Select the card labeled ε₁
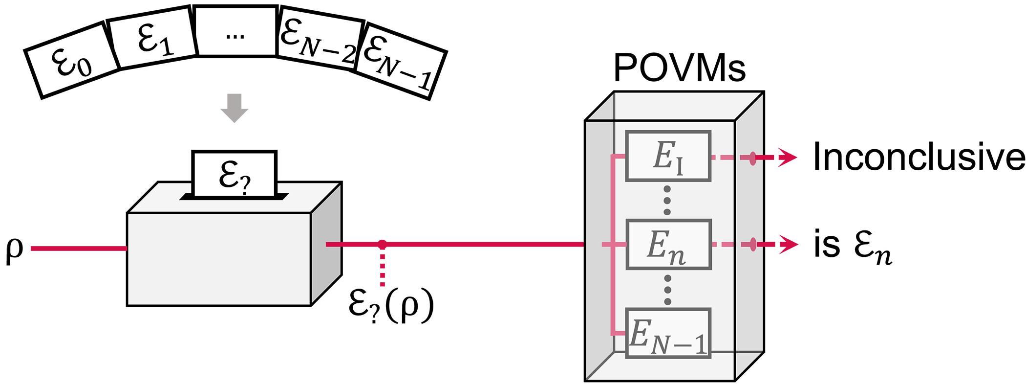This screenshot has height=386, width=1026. [x=152, y=38]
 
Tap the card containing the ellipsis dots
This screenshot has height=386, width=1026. [x=236, y=31]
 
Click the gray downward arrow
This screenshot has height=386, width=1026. [x=235, y=108]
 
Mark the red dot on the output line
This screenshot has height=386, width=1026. [x=382, y=243]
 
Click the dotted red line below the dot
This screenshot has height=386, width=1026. [x=382, y=267]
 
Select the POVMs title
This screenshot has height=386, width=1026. [x=679, y=69]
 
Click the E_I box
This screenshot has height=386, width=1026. [x=668, y=155]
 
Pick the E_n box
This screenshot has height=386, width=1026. [x=668, y=245]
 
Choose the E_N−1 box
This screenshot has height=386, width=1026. [x=668, y=333]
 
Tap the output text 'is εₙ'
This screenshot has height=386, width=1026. [x=853, y=247]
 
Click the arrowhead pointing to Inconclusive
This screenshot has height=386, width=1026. [x=788, y=158]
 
